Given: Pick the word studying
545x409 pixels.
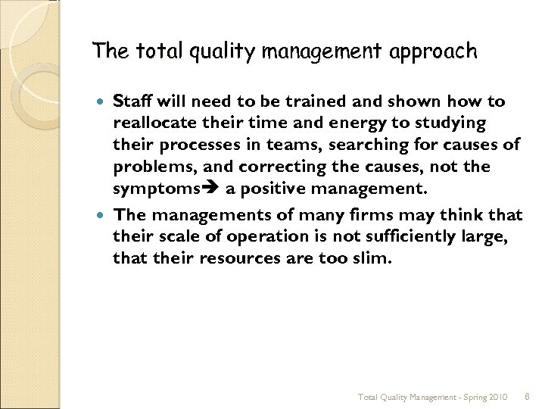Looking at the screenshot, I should coord(447,123).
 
